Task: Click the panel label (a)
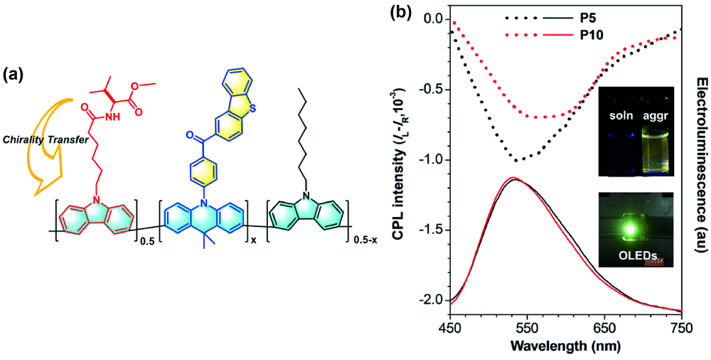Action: click(x=15, y=73)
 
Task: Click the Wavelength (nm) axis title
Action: click(x=564, y=347)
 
